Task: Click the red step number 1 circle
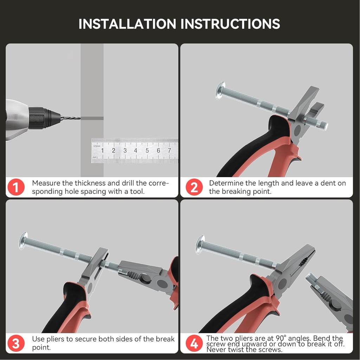click(16, 187)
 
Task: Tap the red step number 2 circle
click(194, 187)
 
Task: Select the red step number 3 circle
click(16, 343)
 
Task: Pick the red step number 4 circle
click(194, 343)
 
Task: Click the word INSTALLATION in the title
click(127, 24)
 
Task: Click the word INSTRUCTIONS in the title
click(230, 24)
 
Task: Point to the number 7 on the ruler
click(169, 150)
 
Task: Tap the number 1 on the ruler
click(102, 150)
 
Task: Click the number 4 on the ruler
click(136, 150)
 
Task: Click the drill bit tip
click(80, 118)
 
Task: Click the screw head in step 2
click(220, 90)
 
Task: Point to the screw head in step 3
click(23, 240)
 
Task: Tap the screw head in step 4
click(200, 245)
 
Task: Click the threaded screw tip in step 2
click(324, 126)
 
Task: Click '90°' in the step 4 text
click(281, 338)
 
